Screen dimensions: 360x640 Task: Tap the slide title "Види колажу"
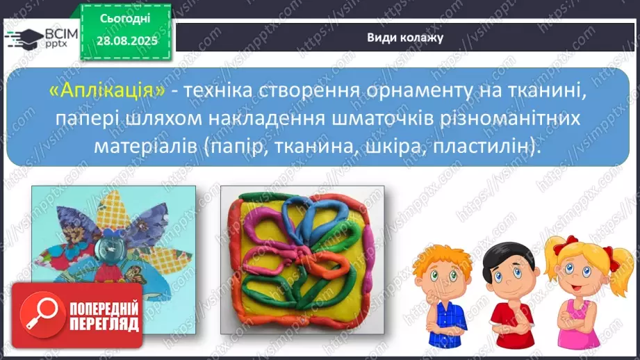coord(405,37)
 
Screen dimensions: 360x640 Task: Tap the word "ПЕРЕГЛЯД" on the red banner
coord(103,324)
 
